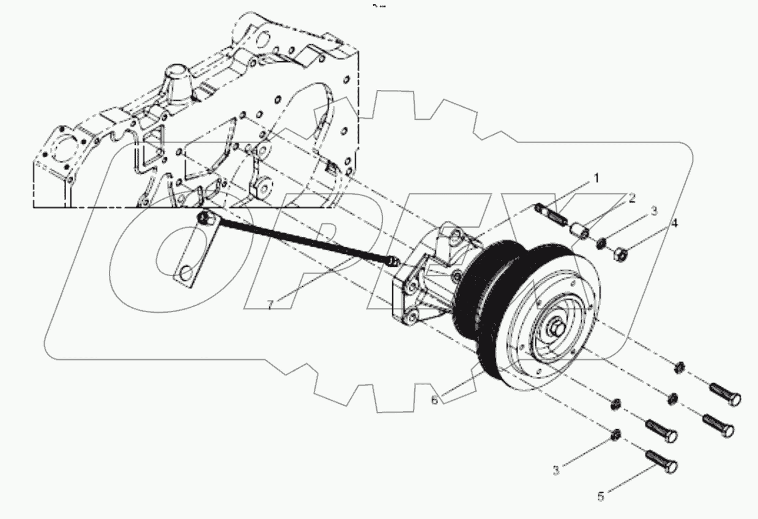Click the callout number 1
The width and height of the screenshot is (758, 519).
[593, 179]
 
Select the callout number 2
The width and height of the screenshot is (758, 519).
[631, 198]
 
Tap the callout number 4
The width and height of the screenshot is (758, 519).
[674, 223]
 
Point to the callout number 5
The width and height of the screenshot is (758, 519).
[601, 496]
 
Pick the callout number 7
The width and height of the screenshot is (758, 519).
[270, 304]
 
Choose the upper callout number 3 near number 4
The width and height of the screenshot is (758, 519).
[653, 211]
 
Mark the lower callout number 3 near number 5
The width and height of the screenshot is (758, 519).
[556, 470]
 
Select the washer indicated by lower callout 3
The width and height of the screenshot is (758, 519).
[617, 435]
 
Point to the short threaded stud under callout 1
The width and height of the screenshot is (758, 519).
[552, 216]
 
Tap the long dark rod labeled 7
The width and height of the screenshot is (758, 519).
[300, 241]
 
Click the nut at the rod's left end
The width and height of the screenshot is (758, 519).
[205, 216]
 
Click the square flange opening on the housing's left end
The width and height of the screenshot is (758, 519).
[62, 151]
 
